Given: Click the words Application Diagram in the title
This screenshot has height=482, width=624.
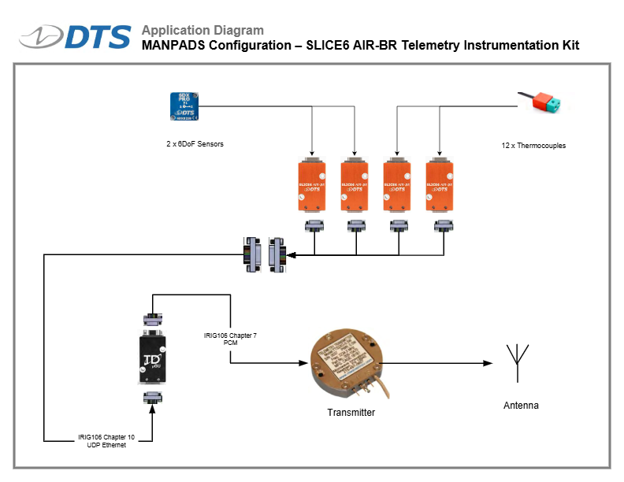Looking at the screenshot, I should pos(202,31).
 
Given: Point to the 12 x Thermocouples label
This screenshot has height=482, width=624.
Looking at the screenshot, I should pos(533,146).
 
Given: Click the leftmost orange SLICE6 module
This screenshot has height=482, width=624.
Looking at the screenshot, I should pos(313,187).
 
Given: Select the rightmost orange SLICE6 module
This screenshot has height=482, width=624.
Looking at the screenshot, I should pos(440,187).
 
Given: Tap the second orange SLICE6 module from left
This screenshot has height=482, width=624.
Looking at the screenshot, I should pos(355,187).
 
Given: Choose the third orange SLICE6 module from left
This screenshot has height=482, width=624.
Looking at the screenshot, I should pos(398,187).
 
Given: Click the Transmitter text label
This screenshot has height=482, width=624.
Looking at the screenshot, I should pos(351,413).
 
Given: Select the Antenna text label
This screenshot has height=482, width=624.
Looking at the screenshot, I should pos(521,406).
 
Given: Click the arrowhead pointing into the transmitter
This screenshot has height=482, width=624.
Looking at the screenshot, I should pos(303,363).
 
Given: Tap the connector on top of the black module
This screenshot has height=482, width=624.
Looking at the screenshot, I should pos(152,320).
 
